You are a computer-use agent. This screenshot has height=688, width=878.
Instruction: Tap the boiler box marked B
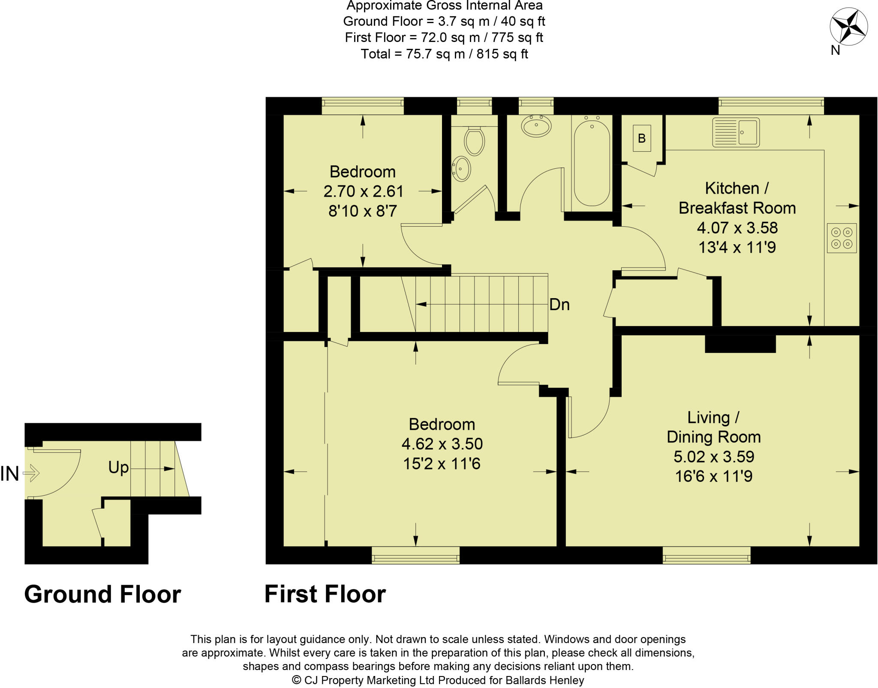(641, 138)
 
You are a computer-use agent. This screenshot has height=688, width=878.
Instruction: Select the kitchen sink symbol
(736, 132)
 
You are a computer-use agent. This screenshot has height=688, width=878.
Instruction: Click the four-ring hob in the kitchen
(842, 238)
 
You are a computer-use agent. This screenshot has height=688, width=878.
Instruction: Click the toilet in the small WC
(474, 141)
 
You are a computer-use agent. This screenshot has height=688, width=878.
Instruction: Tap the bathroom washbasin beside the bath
(536, 126)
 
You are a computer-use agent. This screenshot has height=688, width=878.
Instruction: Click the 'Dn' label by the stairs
(559, 305)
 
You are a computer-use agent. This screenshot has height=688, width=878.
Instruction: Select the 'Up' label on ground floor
(118, 467)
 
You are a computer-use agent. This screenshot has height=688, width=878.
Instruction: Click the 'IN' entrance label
(9, 474)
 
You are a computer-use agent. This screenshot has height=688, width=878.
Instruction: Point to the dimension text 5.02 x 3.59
(713, 457)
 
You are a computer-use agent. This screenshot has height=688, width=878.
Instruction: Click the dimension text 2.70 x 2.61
(363, 191)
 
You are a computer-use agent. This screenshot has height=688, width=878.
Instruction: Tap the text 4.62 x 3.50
(442, 444)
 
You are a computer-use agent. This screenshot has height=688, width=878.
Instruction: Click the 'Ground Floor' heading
(102, 594)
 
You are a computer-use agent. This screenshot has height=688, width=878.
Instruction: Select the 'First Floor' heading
(325, 594)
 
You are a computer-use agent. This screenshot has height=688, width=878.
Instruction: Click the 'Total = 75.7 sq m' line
(444, 54)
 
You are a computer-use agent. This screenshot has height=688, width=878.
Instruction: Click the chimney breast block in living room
(740, 344)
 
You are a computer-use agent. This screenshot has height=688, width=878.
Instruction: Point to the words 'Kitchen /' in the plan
(737, 188)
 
